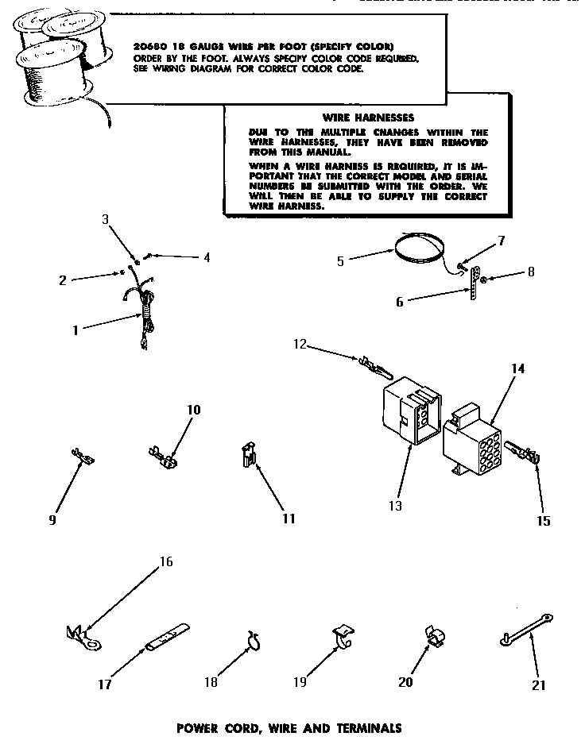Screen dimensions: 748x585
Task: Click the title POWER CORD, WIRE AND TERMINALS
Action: (x=288, y=727)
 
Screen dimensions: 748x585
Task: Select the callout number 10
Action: (x=193, y=410)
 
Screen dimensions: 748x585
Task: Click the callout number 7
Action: (x=501, y=239)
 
